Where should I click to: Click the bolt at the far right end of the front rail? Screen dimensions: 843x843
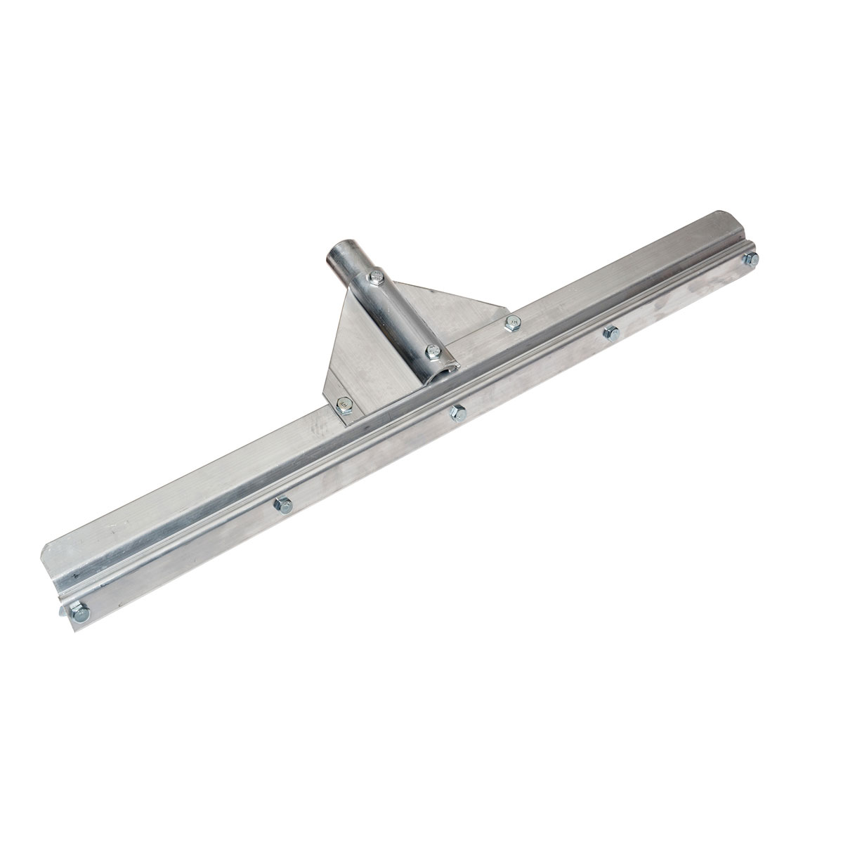[x=750, y=259]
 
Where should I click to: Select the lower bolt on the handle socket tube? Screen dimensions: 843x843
[x=432, y=350]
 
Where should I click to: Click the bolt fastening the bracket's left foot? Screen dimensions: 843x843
[x=344, y=403]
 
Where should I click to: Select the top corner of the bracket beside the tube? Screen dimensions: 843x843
[x=350, y=290]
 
